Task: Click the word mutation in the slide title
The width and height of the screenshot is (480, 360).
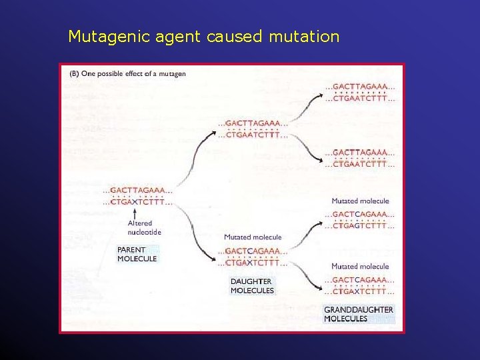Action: coord(304,37)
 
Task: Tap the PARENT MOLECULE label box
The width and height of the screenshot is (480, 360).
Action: coord(137,254)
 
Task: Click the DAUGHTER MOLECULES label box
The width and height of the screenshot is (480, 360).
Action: coord(252,286)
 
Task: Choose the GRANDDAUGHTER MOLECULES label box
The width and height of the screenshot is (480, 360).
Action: coord(359,314)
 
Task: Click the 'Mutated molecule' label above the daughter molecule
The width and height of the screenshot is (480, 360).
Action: coord(253,237)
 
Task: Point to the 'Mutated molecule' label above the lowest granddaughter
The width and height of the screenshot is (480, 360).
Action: coord(360,266)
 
